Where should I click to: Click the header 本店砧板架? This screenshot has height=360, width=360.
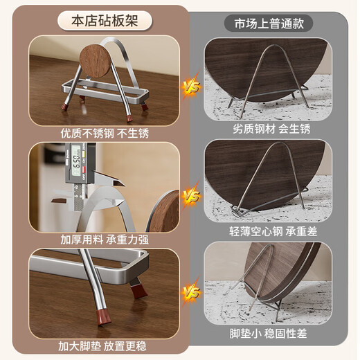tap(105, 21)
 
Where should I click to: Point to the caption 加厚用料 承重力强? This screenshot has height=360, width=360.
tap(104, 239)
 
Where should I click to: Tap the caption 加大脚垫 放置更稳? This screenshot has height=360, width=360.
tap(104, 345)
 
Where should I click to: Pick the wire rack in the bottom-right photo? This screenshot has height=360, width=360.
tap(267, 291)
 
